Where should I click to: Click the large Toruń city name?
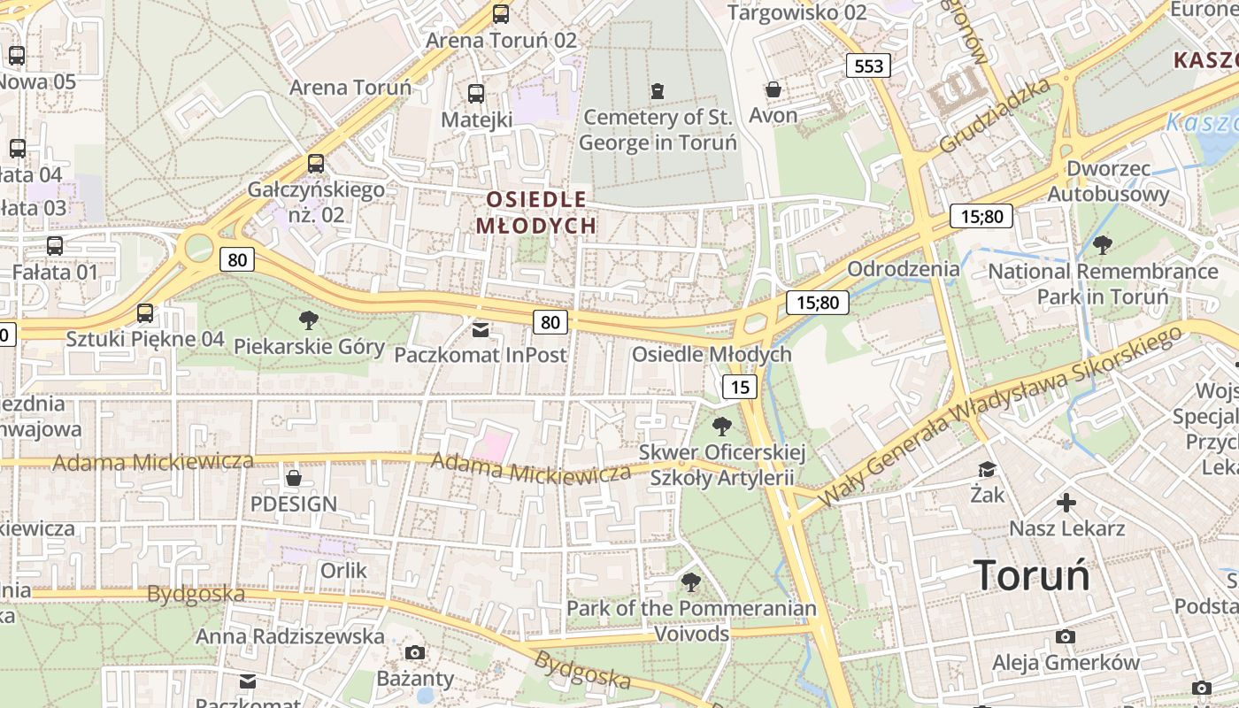(x=1032, y=576)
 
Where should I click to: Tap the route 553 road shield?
(x=868, y=65)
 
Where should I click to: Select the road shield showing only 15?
(x=740, y=386)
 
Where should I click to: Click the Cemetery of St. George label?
(x=657, y=129)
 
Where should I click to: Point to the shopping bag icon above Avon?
(x=773, y=89)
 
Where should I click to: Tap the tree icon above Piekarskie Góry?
(x=309, y=320)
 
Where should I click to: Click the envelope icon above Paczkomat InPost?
(x=480, y=330)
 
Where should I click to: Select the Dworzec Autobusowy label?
(x=1108, y=181)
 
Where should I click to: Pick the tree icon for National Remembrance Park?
(x=1102, y=245)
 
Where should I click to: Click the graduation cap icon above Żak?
(x=987, y=469)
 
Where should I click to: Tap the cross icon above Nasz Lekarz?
(x=1066, y=504)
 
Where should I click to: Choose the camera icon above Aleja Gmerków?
(x=1066, y=637)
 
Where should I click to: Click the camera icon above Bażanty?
(x=414, y=653)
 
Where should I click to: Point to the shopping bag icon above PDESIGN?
(x=294, y=479)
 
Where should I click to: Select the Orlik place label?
(x=343, y=571)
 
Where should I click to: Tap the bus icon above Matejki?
(x=476, y=94)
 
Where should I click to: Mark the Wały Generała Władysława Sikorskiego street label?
(x=1000, y=416)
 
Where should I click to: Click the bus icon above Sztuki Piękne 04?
(x=145, y=313)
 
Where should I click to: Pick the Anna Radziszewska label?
(x=290, y=636)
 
